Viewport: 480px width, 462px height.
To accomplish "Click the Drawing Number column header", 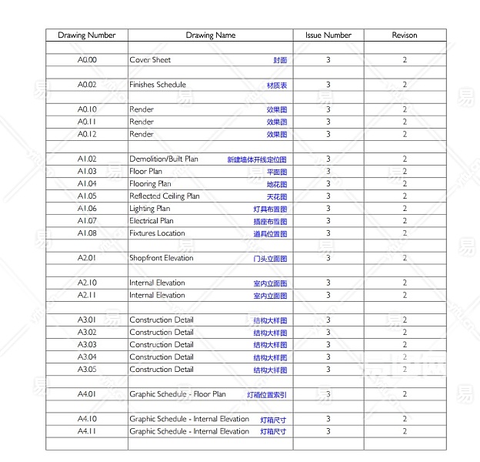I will [86, 35].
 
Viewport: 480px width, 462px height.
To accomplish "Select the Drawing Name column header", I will [210, 35].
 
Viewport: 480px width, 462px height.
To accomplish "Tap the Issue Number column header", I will [328, 35].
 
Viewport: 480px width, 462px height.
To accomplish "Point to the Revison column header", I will [405, 35].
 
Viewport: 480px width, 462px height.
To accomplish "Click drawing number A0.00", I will [86, 60].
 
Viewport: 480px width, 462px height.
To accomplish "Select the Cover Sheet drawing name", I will [150, 60].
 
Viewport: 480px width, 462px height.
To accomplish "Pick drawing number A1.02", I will [86, 159].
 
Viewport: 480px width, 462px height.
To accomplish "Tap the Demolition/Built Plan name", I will [163, 159].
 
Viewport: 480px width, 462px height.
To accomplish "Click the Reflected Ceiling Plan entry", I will [164, 196].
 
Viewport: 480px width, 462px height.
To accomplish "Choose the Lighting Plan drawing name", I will [149, 209].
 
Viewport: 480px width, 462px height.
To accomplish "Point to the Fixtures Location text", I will [157, 233].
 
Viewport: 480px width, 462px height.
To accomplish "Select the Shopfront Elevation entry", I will [161, 258].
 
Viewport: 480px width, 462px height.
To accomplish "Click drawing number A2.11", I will [86, 295].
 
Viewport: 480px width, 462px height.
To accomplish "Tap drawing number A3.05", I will [86, 370].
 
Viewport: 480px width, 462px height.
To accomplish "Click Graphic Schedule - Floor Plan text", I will [177, 394].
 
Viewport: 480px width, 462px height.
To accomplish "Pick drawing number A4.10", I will [86, 419].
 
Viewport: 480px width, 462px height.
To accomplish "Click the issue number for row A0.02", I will [328, 85].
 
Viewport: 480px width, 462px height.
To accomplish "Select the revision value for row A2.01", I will [405, 258].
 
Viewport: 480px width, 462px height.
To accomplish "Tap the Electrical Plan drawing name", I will [151, 221].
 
